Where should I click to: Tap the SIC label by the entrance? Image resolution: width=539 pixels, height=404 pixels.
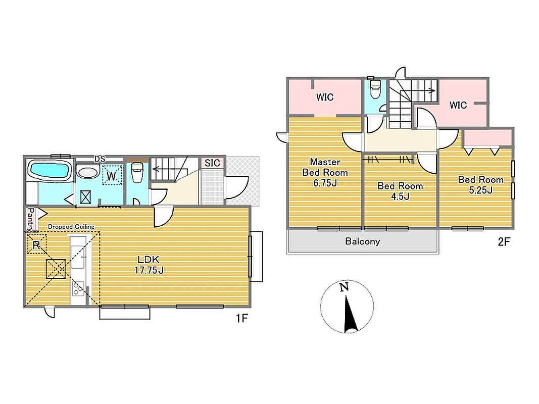(x=212, y=163)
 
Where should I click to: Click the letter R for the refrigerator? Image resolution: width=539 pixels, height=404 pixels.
(x=36, y=245)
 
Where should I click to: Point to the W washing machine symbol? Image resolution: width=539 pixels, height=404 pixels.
(x=112, y=176)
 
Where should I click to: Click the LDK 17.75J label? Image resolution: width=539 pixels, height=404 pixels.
(x=149, y=265)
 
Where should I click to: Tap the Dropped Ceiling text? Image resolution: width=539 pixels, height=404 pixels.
(x=71, y=227)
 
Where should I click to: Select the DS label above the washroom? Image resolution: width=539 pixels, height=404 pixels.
(x=100, y=159)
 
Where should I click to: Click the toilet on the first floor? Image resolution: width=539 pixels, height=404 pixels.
(x=137, y=172)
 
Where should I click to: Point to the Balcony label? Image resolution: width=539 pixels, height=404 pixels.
(x=363, y=241)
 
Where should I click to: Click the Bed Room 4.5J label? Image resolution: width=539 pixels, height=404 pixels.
(x=400, y=191)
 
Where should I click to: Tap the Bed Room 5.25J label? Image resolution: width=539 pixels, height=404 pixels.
(x=480, y=184)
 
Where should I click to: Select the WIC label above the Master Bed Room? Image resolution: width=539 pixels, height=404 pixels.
(x=325, y=97)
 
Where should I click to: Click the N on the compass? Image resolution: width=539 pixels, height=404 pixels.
(x=344, y=287)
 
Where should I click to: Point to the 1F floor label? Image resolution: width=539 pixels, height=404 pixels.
(x=241, y=318)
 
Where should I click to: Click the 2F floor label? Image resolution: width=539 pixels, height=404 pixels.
(x=504, y=242)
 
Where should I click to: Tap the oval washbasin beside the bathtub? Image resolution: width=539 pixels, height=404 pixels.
(x=88, y=172)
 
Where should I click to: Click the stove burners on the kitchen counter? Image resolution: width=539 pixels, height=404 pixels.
(x=78, y=288)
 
